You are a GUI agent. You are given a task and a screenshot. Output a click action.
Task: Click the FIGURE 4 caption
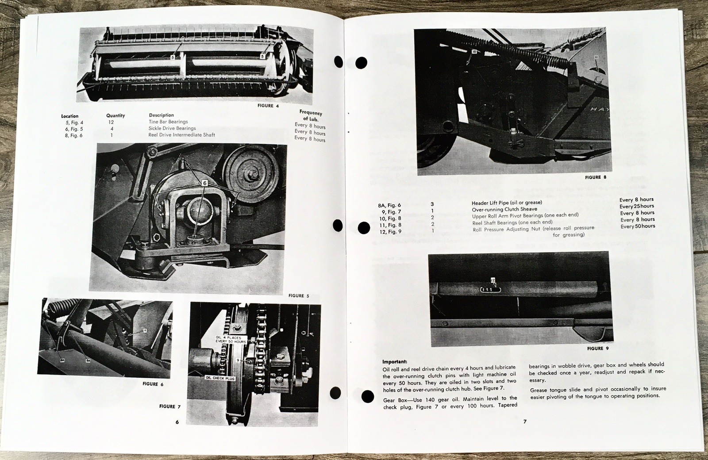pos(269,106)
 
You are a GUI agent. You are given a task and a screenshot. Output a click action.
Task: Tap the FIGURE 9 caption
pos(598,349)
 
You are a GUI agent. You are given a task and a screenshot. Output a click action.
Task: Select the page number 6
pos(177,422)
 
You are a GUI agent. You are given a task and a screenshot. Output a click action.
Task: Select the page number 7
pos(525,422)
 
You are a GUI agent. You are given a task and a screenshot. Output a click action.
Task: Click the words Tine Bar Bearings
pos(168,122)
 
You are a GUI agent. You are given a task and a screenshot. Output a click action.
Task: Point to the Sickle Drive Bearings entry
pos(172,128)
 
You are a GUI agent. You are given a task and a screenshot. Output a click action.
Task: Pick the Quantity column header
pos(115,115)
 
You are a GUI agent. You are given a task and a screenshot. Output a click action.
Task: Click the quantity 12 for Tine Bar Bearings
pos(111,122)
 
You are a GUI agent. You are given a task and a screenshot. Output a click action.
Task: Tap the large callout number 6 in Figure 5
pos(205,183)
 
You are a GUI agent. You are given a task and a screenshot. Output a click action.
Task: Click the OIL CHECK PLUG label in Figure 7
pos(219,378)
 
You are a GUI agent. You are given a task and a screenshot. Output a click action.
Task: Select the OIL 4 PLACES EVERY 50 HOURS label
pos(231,340)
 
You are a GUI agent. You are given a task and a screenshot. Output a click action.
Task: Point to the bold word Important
pos(395,361)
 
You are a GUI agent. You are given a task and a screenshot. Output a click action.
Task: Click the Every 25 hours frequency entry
pos(637,206)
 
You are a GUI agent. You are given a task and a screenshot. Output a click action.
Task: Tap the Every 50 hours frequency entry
pos(638,226)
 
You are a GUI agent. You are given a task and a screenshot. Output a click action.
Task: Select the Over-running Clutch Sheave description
pos(504,209)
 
